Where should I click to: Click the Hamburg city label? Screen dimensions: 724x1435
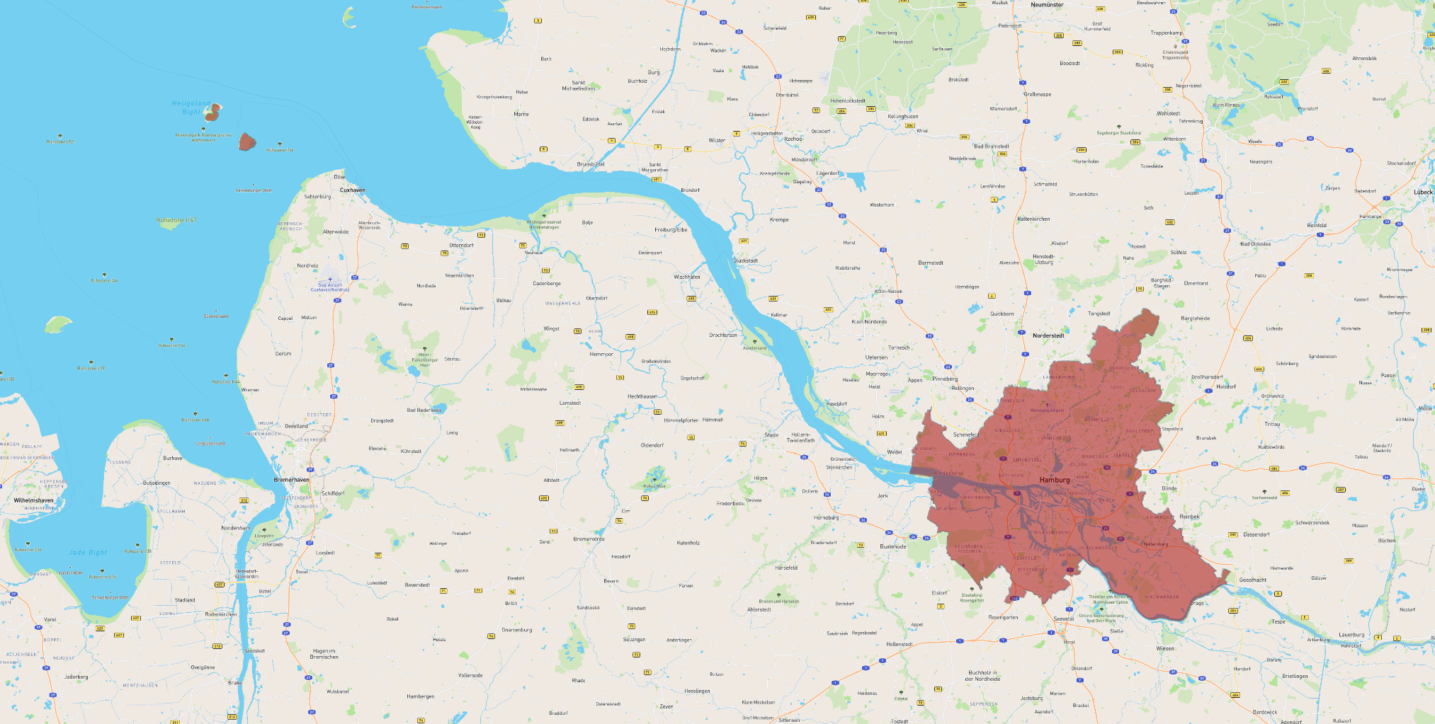tap(1055, 480)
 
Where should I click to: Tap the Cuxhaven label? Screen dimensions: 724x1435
tap(352, 190)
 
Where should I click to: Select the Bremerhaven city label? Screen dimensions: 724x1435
tap(291, 480)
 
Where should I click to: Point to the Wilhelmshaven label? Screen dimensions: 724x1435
tap(33, 500)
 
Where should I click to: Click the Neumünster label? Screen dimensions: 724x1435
tap(1047, 5)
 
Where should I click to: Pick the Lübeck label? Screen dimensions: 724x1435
tap(1423, 192)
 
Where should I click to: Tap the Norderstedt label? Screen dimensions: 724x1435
tap(1048, 335)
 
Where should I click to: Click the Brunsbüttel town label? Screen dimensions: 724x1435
tap(591, 164)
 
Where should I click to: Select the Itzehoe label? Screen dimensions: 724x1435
tap(793, 139)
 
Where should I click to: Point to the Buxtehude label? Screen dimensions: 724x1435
tap(892, 546)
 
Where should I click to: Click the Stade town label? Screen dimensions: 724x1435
tap(771, 435)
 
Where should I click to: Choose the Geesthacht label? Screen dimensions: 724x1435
tap(1252, 580)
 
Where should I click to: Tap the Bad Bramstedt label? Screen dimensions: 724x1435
tap(991, 146)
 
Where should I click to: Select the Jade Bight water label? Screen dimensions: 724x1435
tap(88, 552)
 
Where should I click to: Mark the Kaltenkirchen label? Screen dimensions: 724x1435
tap(1033, 219)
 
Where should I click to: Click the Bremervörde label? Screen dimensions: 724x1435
tap(589, 539)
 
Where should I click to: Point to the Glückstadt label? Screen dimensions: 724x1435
tap(745, 260)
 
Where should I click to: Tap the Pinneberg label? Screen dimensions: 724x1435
tap(945, 379)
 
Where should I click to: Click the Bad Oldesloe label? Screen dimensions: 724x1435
tap(1255, 243)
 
